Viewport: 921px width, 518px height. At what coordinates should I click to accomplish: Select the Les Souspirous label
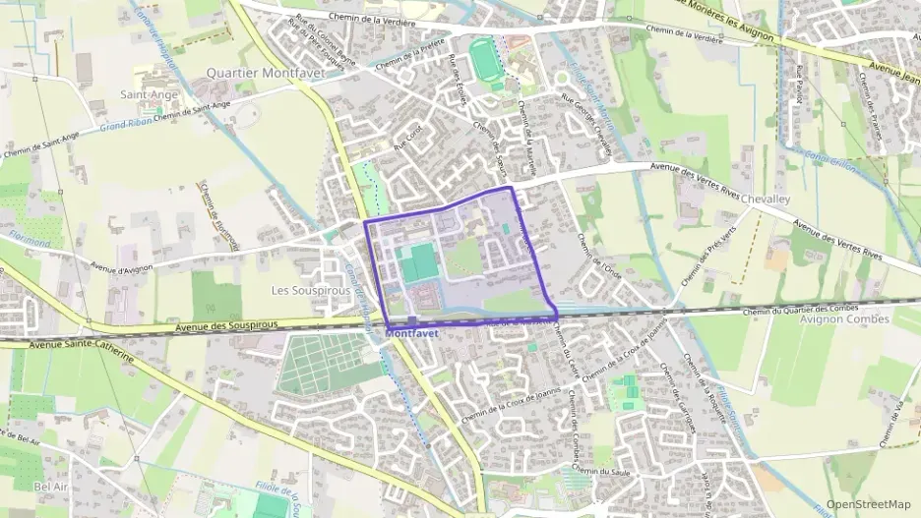pyautogui.click(x=311, y=291)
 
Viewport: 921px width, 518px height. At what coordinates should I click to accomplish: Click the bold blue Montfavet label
pyautogui.click(x=412, y=333)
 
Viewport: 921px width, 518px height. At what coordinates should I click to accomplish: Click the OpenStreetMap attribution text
pyautogui.click(x=868, y=504)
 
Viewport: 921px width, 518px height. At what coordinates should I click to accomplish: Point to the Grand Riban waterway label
pyautogui.click(x=124, y=126)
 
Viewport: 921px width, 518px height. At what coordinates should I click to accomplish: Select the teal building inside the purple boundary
pyautogui.click(x=420, y=263)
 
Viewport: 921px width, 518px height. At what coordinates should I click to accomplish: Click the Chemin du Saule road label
pyautogui.click(x=602, y=472)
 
